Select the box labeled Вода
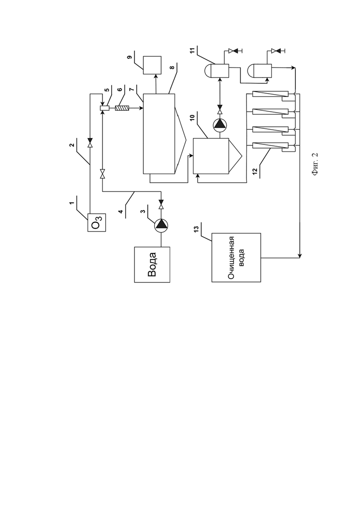pos(152,264)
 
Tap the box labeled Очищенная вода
pos(236,257)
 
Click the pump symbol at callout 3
pos(161,225)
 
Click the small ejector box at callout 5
pos(104,108)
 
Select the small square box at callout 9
pos(152,65)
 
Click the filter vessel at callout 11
pos(217,69)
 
